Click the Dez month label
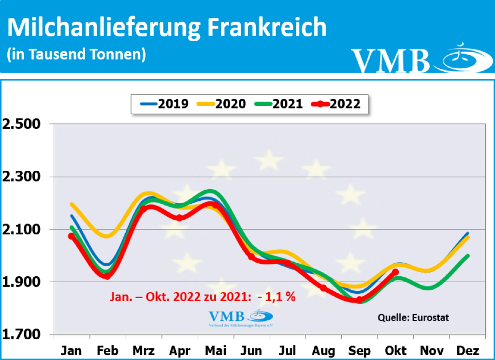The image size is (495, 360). click(467, 351)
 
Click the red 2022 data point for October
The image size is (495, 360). click(395, 272)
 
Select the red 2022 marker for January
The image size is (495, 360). click(72, 236)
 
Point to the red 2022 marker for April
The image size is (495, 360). click(179, 218)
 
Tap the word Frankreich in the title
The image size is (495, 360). click(267, 28)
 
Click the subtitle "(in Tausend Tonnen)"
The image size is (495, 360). click(76, 54)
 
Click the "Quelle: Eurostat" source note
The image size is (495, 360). click(413, 318)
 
